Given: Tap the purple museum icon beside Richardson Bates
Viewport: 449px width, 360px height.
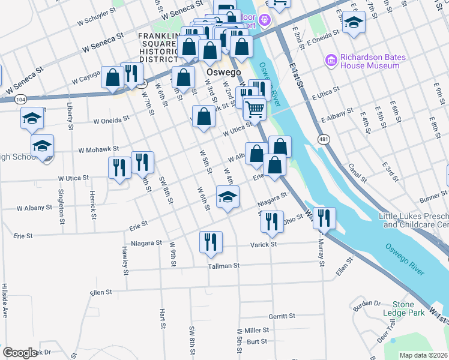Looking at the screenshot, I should pos(330,60).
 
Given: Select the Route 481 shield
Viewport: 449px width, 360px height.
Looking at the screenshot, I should pos(323,139).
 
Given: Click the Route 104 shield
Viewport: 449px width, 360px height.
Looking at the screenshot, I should pos(21,98).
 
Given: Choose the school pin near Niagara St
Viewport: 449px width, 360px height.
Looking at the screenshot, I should pos(228,197).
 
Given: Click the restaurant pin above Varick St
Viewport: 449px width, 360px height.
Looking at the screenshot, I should pos(211,242).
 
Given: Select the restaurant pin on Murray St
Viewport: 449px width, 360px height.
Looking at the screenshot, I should pos(324,218).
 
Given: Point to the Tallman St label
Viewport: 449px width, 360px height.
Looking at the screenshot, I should pos(224,266).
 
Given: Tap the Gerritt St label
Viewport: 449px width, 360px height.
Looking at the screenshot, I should pos(282,316).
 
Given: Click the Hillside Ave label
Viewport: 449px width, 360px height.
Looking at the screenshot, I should pos(4,300).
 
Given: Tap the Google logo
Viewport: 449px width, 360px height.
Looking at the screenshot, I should pos(20,353).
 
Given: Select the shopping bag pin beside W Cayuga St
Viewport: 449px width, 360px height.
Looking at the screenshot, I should pos(113,77).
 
